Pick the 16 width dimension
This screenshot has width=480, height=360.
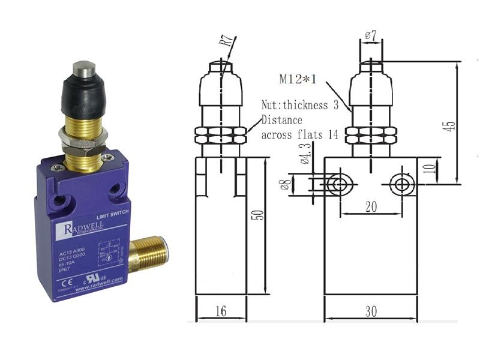pyautogui.click(x=221, y=312)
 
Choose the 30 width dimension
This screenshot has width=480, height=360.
pyautogui.click(x=370, y=312)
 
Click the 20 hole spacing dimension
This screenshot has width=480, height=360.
pyautogui.click(x=370, y=206)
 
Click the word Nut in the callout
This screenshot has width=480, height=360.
pyautogui.click(x=270, y=106)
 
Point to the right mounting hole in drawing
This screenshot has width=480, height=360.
pyautogui.click(x=400, y=184)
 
